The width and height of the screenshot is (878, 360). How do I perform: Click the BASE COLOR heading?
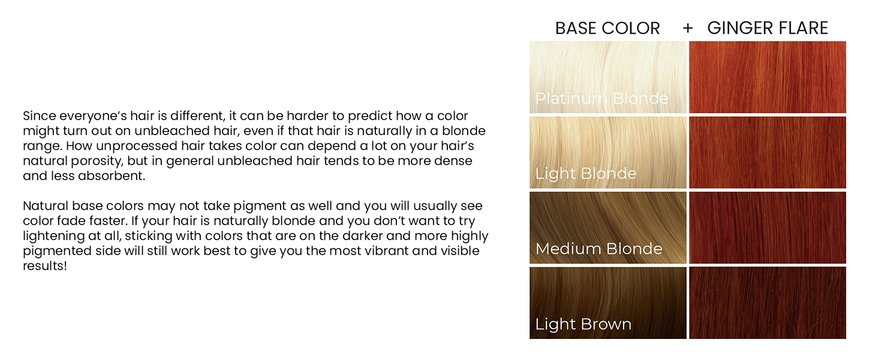(x=607, y=28)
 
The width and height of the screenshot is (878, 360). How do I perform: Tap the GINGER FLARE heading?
(x=768, y=28)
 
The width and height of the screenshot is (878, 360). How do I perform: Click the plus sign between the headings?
(x=687, y=28)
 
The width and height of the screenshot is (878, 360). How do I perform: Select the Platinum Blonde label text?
(x=602, y=98)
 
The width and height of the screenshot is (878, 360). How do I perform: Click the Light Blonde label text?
(x=585, y=174)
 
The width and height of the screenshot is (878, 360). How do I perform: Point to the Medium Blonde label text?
(x=599, y=249)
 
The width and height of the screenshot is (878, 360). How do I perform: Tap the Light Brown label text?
(x=583, y=325)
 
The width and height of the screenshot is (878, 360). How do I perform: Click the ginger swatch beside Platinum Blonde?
(x=767, y=77)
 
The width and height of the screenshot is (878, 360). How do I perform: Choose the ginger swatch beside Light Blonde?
(x=767, y=152)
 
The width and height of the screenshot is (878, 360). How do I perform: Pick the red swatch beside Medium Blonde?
(x=767, y=227)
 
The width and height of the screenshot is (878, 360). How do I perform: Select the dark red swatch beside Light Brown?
(x=767, y=302)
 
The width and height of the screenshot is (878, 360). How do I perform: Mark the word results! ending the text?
(x=44, y=266)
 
